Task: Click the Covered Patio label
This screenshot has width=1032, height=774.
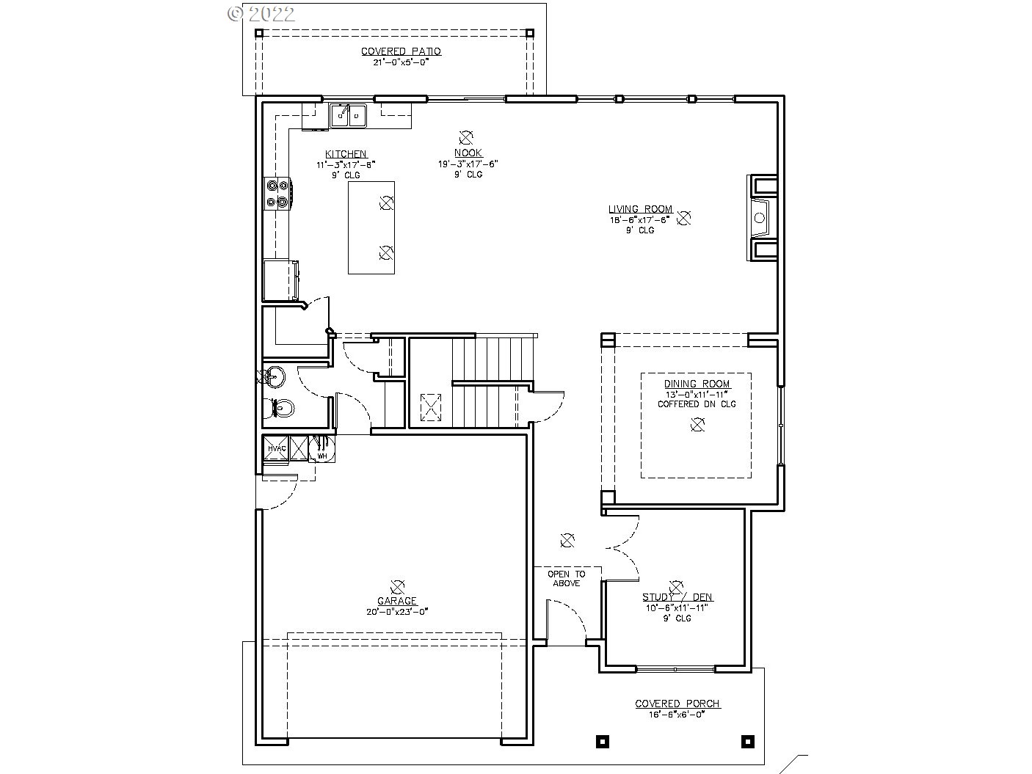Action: tap(401, 51)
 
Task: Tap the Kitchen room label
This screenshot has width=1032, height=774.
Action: tap(346, 154)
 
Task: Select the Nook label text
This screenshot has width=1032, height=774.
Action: tap(468, 153)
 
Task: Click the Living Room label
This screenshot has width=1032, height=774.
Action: tap(640, 209)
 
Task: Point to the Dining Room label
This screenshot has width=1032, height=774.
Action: tap(697, 384)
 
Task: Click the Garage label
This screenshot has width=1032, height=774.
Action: tap(397, 601)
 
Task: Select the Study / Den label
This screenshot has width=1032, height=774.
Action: tap(677, 597)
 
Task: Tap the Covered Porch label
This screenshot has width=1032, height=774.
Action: tap(677, 704)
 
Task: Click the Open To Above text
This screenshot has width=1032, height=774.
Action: tap(567, 578)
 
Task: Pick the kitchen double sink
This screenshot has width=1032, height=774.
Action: tap(348, 115)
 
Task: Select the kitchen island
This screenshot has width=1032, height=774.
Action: tap(371, 227)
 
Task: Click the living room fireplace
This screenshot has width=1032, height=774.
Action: tap(761, 217)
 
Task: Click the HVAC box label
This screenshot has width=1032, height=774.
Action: tap(276, 448)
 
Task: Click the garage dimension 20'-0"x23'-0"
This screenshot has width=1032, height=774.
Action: tap(397, 611)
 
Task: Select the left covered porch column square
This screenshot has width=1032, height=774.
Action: tap(602, 740)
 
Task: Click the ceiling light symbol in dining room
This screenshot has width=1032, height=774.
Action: tap(697, 424)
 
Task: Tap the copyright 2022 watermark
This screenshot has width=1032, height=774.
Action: tap(261, 13)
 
